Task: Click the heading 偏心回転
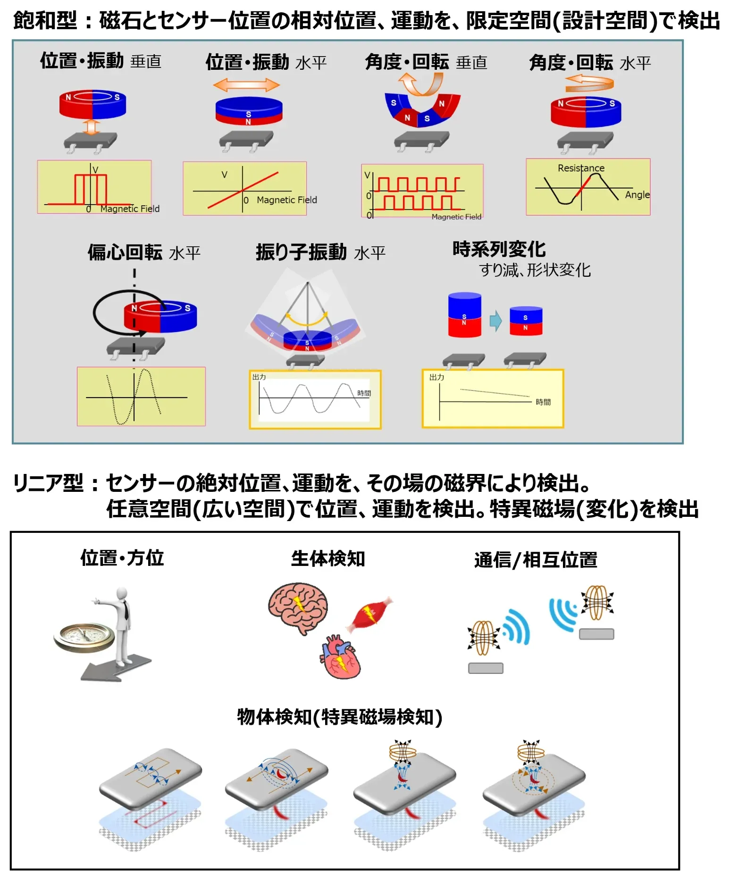(125, 252)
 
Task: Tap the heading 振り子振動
(301, 252)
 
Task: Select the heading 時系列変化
(499, 249)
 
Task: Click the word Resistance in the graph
(581, 168)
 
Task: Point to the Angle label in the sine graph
(637, 195)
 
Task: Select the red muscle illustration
(370, 614)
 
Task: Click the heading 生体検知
(328, 559)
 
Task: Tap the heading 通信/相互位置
(536, 560)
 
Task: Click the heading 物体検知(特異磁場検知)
(339, 717)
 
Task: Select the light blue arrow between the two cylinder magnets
(495, 321)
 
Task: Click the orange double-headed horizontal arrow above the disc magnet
(246, 85)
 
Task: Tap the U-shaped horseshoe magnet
(421, 110)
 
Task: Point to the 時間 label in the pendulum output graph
(364, 393)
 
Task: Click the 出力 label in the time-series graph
(436, 377)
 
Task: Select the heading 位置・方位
(122, 558)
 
